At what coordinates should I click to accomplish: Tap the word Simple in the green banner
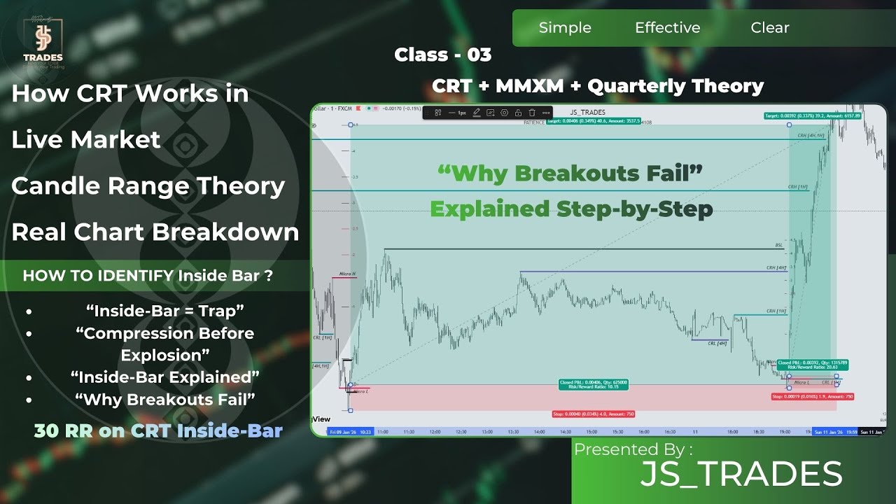point(565,28)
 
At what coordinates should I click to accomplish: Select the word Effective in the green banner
point(667,28)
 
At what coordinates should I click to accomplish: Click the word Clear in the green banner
point(770,28)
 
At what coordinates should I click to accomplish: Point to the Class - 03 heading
point(442,55)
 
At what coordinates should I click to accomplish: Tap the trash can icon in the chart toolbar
point(532,113)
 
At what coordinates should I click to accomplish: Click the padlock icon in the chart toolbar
point(518,113)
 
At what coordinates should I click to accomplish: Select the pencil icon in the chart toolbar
point(477,113)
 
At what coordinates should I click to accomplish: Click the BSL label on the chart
point(779,246)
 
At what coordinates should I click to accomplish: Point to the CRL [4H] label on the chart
point(717,343)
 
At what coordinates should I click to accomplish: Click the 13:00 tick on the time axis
point(486,432)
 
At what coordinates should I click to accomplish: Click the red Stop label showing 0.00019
point(812,397)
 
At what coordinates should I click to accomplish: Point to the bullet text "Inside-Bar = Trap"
point(165,310)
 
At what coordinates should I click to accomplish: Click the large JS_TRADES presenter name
point(741,475)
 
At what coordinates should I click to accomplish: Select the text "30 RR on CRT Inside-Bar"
point(158,430)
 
